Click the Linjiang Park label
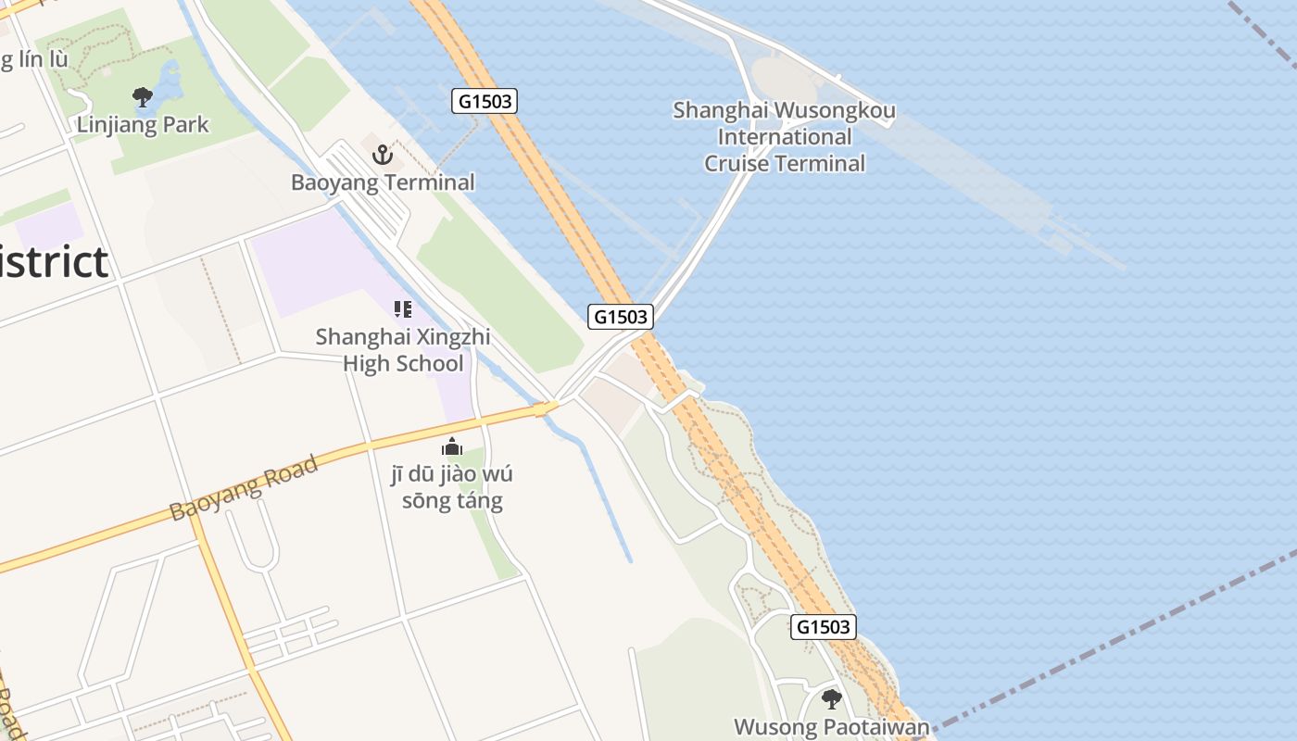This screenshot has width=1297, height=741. click(143, 125)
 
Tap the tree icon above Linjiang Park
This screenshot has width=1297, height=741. click(142, 96)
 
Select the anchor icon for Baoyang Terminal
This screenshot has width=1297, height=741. click(383, 155)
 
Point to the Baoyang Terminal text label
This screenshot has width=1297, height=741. click(383, 182)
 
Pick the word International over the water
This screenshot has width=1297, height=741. click(785, 138)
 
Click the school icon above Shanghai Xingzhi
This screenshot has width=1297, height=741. click(402, 308)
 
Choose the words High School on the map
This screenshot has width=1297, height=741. click(402, 363)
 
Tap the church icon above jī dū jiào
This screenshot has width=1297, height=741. click(451, 446)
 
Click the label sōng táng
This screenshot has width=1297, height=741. click(452, 502)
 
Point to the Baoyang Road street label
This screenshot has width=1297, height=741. click(245, 488)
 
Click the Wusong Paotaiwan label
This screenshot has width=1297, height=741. click(831, 727)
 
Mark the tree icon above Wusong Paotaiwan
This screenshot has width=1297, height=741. click(831, 697)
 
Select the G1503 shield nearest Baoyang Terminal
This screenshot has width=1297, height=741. click(485, 101)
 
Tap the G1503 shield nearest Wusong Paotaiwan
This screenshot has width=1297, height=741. click(824, 627)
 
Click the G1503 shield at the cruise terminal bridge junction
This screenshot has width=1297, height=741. click(621, 317)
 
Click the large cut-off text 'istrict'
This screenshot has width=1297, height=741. click(54, 262)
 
